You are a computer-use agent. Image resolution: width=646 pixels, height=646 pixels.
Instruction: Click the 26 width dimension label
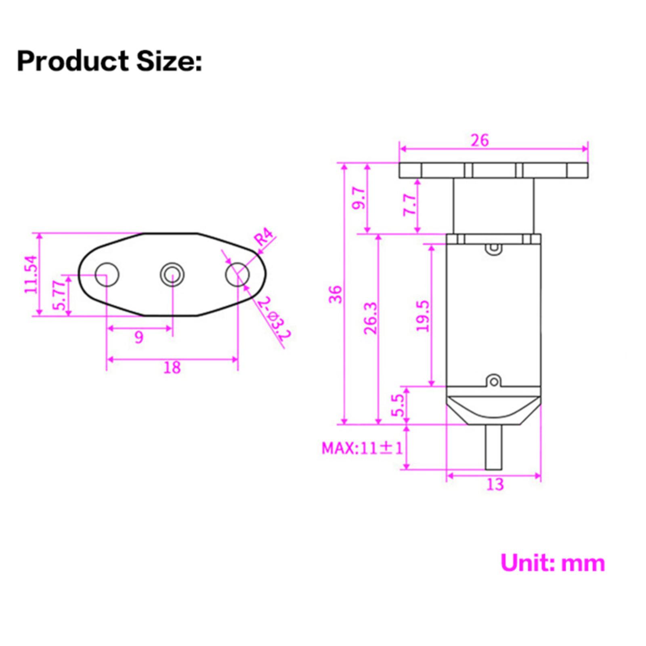[480, 141]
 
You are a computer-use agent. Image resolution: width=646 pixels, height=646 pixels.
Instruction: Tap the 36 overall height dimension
[336, 294]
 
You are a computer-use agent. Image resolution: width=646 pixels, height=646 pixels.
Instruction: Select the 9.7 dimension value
[359, 198]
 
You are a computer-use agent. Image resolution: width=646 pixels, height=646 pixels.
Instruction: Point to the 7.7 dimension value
[409, 205]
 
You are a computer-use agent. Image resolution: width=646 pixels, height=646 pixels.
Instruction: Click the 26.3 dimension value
[371, 318]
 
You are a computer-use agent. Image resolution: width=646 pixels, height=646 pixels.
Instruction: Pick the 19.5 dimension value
[423, 316]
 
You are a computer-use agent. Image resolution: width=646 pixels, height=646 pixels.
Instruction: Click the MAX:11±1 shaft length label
[362, 448]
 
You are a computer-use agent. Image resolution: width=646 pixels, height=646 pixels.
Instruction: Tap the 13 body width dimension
[495, 484]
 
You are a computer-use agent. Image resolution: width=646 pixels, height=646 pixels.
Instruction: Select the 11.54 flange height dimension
[31, 275]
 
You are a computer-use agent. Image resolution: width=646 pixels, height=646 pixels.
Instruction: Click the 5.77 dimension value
[59, 295]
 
